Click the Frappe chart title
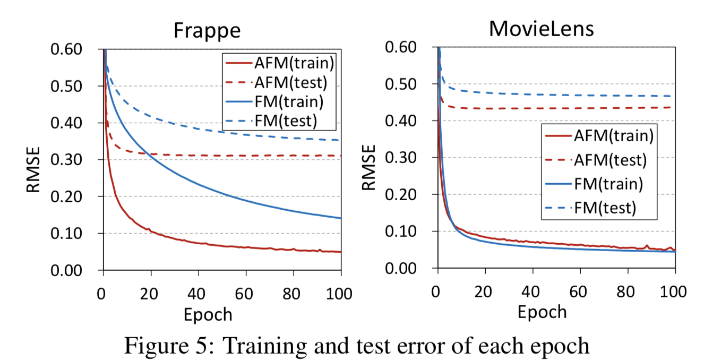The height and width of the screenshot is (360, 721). click(207, 31)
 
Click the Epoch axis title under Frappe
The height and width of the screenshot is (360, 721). click(208, 314)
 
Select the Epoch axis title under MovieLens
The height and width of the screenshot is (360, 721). click(542, 312)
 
